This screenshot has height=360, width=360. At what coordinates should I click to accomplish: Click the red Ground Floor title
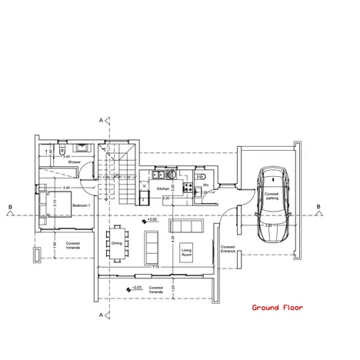(x=278, y=308)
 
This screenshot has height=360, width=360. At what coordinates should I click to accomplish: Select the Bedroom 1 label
(x=81, y=207)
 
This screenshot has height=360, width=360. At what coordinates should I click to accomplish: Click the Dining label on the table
(x=117, y=244)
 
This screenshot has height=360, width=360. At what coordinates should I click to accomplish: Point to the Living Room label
(x=186, y=252)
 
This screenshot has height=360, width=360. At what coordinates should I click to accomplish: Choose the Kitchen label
(x=163, y=188)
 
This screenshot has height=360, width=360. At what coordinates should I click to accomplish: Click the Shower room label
(x=74, y=162)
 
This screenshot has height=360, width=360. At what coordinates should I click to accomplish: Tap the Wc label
(x=206, y=185)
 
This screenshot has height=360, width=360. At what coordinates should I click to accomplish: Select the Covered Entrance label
(x=228, y=250)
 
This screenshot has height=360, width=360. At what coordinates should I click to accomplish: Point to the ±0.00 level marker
(x=152, y=220)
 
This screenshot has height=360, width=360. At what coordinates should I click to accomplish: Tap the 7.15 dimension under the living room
(x=155, y=267)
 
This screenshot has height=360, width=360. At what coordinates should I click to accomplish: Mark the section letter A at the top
(x=101, y=120)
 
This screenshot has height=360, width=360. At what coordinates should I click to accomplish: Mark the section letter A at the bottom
(x=101, y=315)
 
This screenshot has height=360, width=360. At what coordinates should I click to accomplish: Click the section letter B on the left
(x=9, y=207)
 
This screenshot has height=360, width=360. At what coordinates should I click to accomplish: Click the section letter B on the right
(x=317, y=207)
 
